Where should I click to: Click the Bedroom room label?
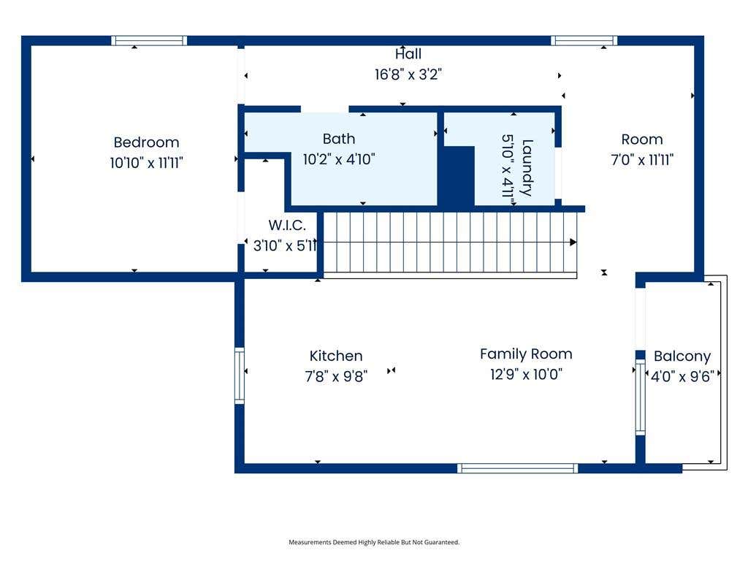pyautogui.click(x=146, y=142)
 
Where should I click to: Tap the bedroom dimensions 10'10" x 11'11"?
pyautogui.click(x=146, y=163)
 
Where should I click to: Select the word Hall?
pyautogui.click(x=408, y=54)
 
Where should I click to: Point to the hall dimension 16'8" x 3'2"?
pyautogui.click(x=408, y=75)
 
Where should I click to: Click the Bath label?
pyautogui.click(x=339, y=139)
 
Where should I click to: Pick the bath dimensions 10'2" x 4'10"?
pyautogui.click(x=339, y=159)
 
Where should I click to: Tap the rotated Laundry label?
pyautogui.click(x=527, y=168)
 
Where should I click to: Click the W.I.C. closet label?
pyautogui.click(x=287, y=225)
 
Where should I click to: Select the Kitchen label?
pyautogui.click(x=336, y=356)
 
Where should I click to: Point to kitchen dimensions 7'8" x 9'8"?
pyautogui.click(x=336, y=376)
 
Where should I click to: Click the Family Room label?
pyautogui.click(x=526, y=354)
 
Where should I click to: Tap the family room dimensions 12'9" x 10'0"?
pyautogui.click(x=526, y=375)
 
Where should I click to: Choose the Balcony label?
pyautogui.click(x=682, y=356)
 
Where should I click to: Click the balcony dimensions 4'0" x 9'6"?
pyautogui.click(x=682, y=377)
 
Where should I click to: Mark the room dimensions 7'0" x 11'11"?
pyautogui.click(x=642, y=160)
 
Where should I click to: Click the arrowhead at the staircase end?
pyautogui.click(x=573, y=243)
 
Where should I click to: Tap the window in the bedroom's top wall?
pyautogui.click(x=149, y=41)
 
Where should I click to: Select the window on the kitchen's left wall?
pyautogui.click(x=240, y=376)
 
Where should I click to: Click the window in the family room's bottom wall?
pyautogui.click(x=518, y=468)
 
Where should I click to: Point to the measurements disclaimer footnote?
pyautogui.click(x=374, y=543)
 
